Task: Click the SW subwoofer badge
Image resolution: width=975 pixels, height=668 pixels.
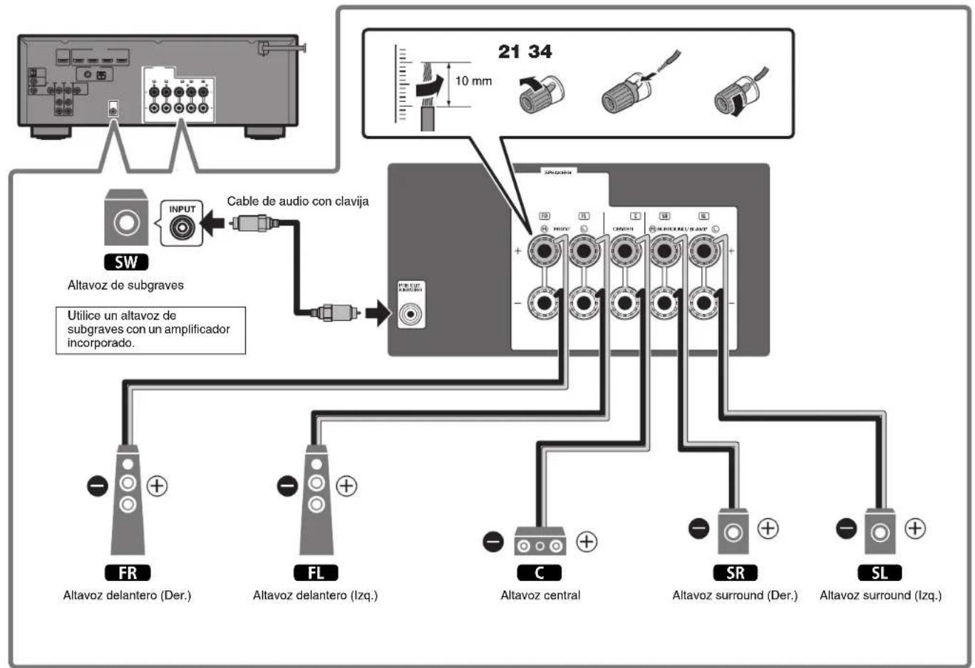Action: click(x=126, y=262)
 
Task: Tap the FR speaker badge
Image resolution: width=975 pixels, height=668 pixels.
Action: click(x=128, y=572)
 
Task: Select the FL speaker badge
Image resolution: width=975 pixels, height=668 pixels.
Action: click(x=316, y=572)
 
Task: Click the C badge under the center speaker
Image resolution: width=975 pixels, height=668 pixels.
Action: click(x=540, y=572)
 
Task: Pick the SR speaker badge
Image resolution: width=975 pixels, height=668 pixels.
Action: click(x=735, y=572)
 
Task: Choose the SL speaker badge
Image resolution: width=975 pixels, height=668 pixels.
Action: click(x=879, y=572)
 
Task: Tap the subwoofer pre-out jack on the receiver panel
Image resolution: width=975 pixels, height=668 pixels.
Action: click(x=411, y=312)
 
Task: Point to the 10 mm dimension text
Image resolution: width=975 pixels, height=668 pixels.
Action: click(x=473, y=81)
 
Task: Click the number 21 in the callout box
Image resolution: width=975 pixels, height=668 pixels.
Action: click(x=509, y=51)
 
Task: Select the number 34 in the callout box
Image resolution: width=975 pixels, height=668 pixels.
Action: click(x=540, y=51)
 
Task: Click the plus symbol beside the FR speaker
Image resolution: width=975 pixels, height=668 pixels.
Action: click(x=157, y=486)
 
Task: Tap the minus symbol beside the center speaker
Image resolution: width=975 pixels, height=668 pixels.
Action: click(x=493, y=542)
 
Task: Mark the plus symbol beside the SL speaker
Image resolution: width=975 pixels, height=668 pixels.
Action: click(x=915, y=528)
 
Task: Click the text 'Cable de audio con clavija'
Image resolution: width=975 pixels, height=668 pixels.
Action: click(x=298, y=201)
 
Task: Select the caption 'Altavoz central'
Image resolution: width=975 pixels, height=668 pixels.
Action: click(x=540, y=595)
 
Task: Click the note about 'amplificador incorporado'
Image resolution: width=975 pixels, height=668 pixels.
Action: click(x=150, y=329)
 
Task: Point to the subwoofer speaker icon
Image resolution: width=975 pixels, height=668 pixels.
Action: click(x=126, y=220)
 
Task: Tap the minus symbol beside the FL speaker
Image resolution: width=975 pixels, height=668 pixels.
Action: click(x=287, y=486)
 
